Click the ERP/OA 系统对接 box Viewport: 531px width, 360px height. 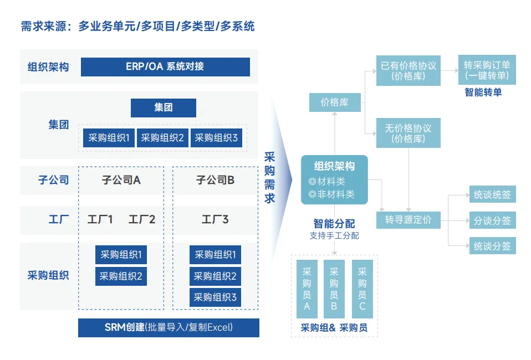(x=165, y=66)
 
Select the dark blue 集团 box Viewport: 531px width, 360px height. (x=164, y=107)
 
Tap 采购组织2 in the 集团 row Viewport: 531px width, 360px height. (x=162, y=138)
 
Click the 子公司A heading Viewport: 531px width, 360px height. (x=121, y=180)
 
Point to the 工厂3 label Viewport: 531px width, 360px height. (x=215, y=220)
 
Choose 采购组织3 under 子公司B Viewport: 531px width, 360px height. (x=215, y=297)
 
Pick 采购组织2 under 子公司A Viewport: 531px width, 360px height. (x=121, y=275)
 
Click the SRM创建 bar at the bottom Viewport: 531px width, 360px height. (x=169, y=327)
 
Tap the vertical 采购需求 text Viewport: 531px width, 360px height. (x=269, y=177)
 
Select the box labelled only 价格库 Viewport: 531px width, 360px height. (x=335, y=102)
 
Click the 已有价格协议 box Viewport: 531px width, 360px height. (x=409, y=70)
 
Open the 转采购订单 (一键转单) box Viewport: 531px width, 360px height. (x=487, y=70)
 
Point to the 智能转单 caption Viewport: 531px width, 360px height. (x=483, y=92)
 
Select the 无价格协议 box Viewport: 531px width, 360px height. (x=409, y=133)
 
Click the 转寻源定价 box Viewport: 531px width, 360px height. (x=409, y=220)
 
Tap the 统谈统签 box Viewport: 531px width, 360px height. (x=492, y=195)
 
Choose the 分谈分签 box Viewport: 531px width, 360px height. (x=492, y=220)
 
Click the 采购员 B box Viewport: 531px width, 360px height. (x=334, y=289)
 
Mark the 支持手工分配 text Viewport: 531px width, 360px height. (x=334, y=236)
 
